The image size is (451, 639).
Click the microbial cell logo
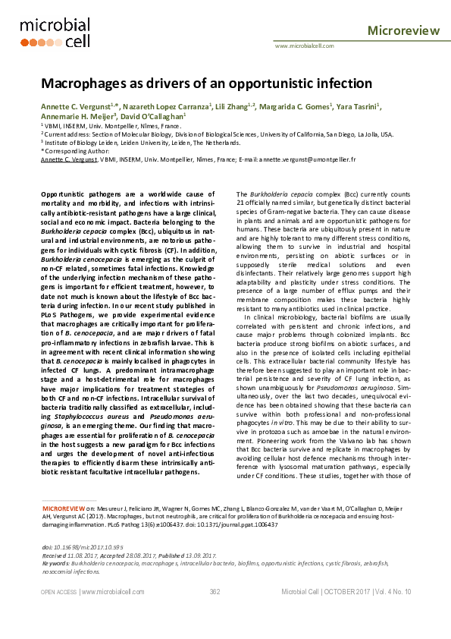click(55, 32)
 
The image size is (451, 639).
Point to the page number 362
click(215, 591)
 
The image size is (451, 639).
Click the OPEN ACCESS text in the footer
click(58, 591)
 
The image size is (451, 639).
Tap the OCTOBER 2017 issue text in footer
click(348, 591)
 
